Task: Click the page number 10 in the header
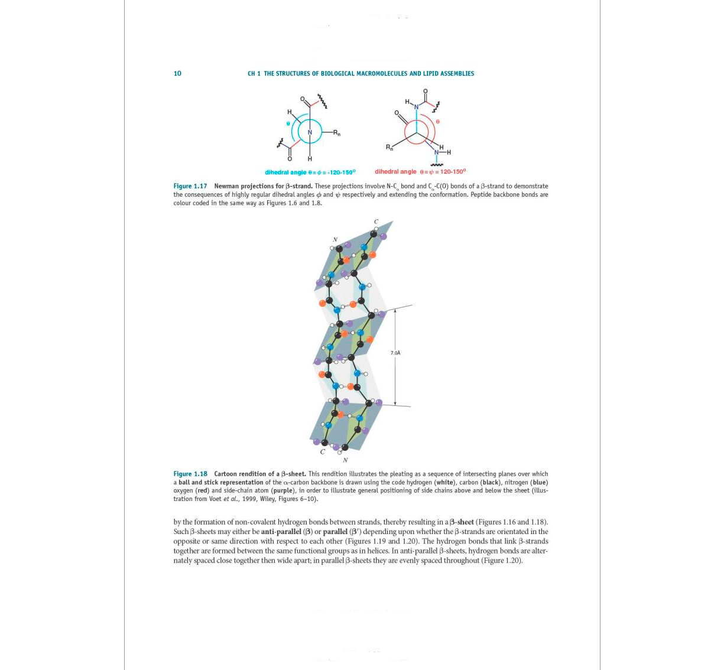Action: [x=177, y=74]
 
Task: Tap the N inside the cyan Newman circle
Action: [x=309, y=132]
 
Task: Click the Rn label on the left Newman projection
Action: [x=336, y=133]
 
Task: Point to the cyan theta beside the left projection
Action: [x=288, y=124]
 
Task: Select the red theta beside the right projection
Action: [x=437, y=122]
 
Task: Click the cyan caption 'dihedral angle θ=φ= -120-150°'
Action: [x=310, y=173]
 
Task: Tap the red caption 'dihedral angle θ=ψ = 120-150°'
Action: [x=420, y=172]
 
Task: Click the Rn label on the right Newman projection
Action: [x=389, y=147]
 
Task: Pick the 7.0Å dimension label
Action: [x=395, y=353]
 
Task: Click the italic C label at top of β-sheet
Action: [x=376, y=222]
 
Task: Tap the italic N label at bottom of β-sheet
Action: [x=345, y=460]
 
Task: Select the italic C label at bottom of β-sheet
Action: [x=322, y=452]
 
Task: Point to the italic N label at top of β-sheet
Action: [x=335, y=240]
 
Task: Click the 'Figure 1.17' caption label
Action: [x=190, y=186]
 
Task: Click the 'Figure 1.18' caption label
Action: [x=190, y=474]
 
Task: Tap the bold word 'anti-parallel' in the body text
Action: [x=281, y=532]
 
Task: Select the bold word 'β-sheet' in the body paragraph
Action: [x=462, y=522]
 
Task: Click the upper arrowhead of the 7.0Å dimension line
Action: [x=395, y=311]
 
